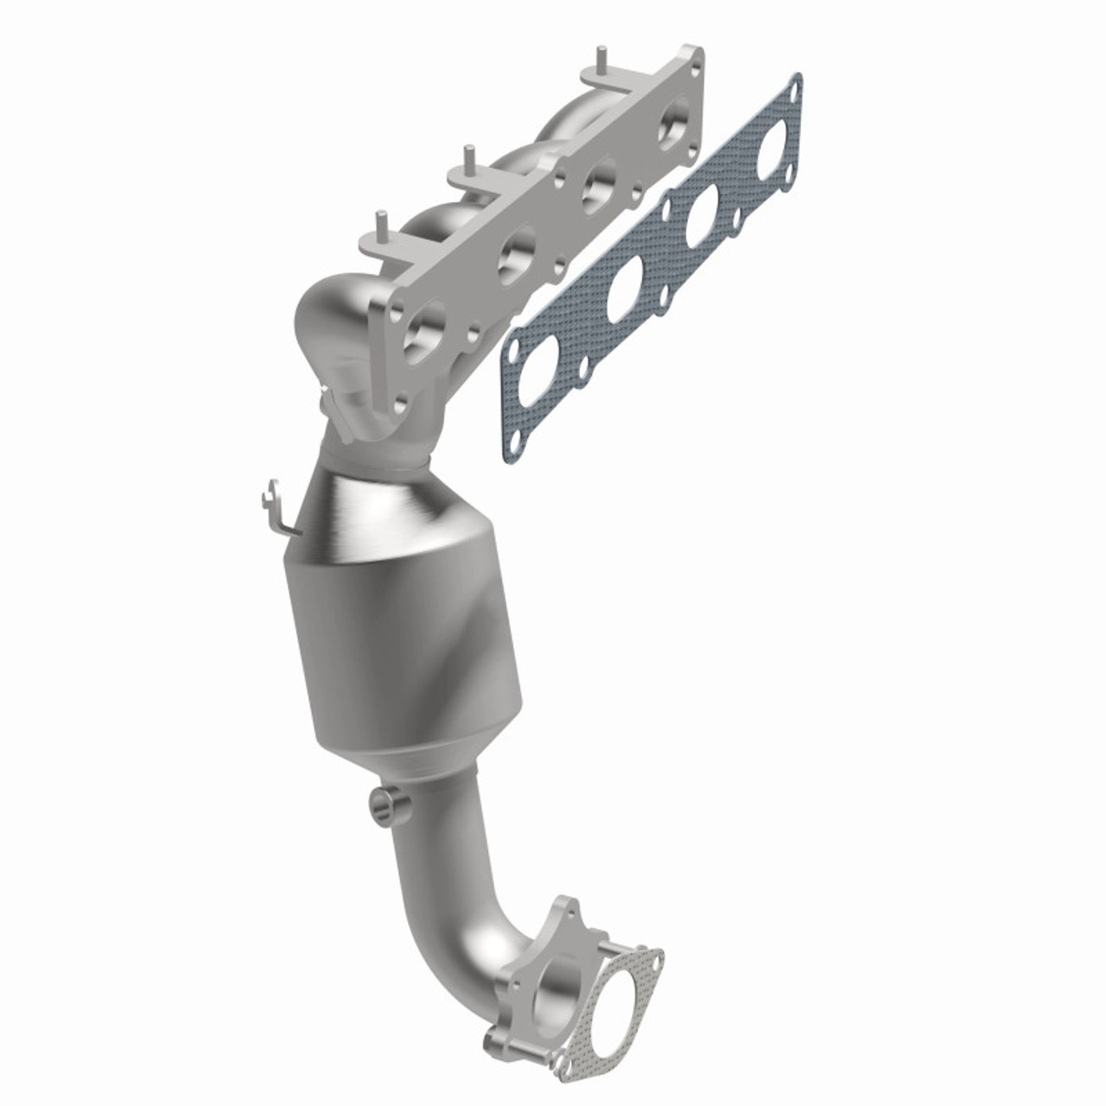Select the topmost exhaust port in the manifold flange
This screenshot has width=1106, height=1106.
673,127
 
